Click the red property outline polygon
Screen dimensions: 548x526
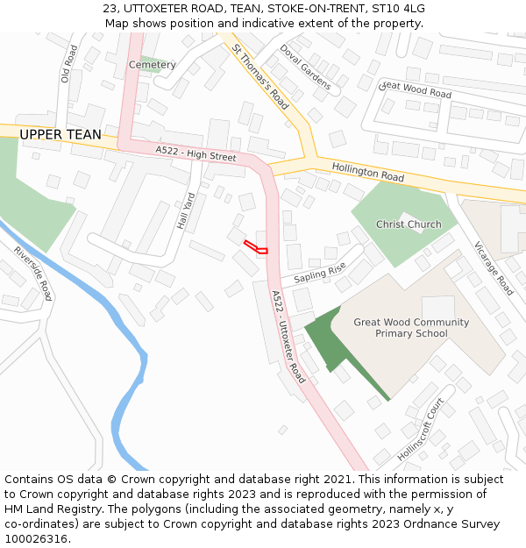point(255,247)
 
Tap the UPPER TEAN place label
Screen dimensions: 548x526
point(60,135)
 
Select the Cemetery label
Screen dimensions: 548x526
point(153,65)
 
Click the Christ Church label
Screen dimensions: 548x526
point(409,224)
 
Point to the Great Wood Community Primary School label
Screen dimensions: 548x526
point(411,328)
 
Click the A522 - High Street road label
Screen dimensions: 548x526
point(196,154)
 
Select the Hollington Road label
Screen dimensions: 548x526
point(367,171)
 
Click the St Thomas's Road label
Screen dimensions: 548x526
point(260,77)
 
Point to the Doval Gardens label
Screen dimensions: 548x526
point(305,68)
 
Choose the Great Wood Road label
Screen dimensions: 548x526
point(416,89)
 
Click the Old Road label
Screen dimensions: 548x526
point(69,64)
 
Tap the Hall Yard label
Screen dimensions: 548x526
point(184,211)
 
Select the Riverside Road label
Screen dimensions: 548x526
point(32,273)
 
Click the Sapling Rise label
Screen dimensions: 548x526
point(320,274)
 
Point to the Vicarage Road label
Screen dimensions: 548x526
point(493,267)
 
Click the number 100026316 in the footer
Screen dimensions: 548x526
point(36,538)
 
